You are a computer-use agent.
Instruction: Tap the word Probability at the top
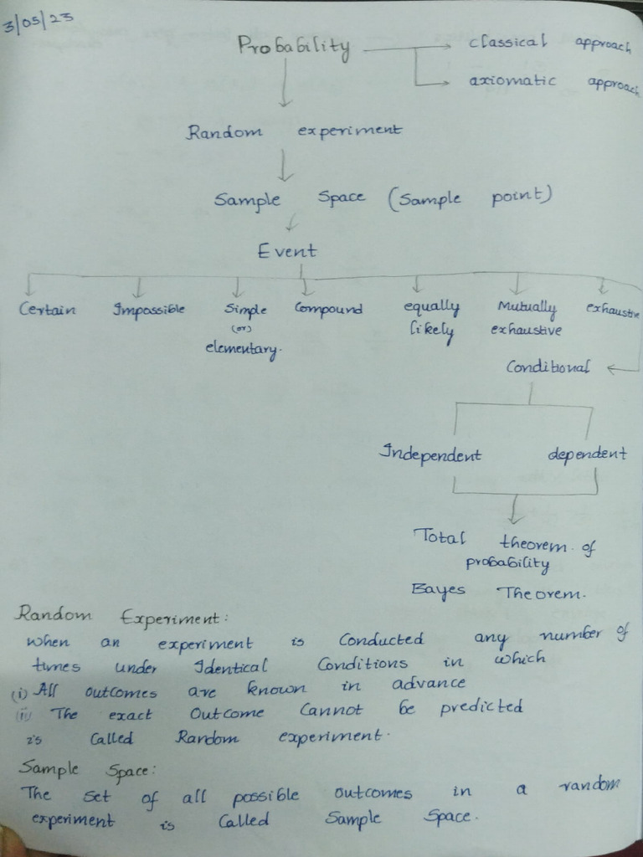(294, 48)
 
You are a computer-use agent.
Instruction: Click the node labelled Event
(287, 250)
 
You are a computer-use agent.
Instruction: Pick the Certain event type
(48, 310)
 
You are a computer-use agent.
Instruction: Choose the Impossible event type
(148, 310)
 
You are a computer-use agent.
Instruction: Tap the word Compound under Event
(327, 309)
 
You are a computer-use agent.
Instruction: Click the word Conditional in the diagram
(548, 367)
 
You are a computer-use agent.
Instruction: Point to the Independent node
(430, 454)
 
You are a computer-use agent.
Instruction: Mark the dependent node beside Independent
(587, 454)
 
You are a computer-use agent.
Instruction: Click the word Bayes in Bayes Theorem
(438, 590)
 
